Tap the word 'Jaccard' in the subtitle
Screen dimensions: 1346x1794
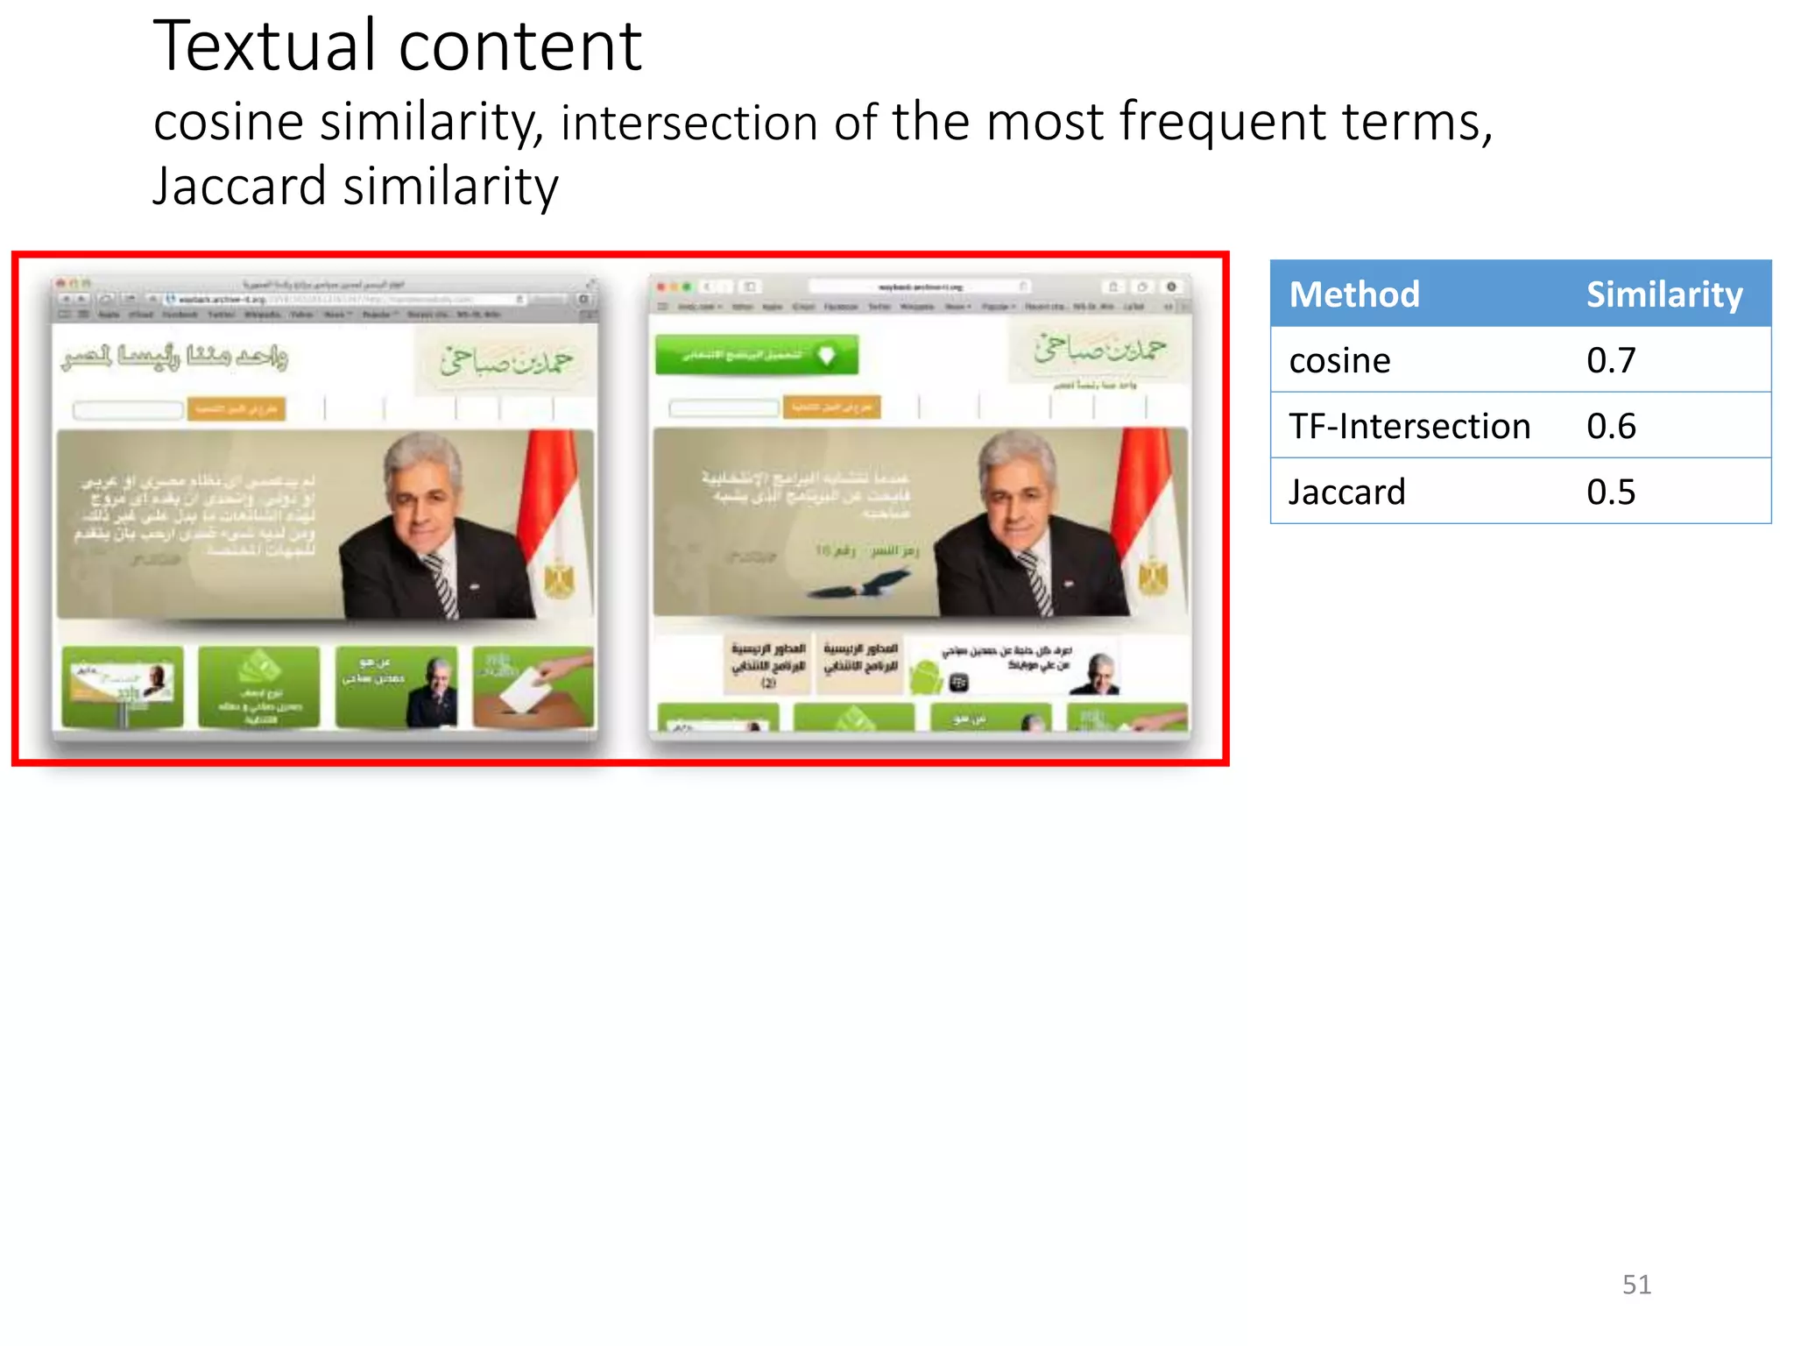click(x=239, y=187)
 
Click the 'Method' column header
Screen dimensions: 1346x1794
click(x=1353, y=294)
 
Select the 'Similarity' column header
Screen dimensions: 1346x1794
click(x=1663, y=294)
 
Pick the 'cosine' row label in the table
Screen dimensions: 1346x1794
click(x=1339, y=360)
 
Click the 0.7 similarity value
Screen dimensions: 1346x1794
click(x=1610, y=360)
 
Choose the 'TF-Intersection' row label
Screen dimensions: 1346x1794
click(x=1409, y=426)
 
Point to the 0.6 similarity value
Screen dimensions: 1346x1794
click(x=1610, y=426)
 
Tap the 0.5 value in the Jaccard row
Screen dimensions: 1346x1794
click(x=1610, y=492)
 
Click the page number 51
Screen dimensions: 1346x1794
click(x=1636, y=1285)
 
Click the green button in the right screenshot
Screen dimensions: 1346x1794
click(x=757, y=355)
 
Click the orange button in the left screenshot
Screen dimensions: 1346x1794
click(x=236, y=408)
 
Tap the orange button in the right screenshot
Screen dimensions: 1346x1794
click(x=831, y=407)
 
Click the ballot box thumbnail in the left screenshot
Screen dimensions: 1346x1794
click(x=533, y=687)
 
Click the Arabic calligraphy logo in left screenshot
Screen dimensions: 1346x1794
click(x=505, y=360)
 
